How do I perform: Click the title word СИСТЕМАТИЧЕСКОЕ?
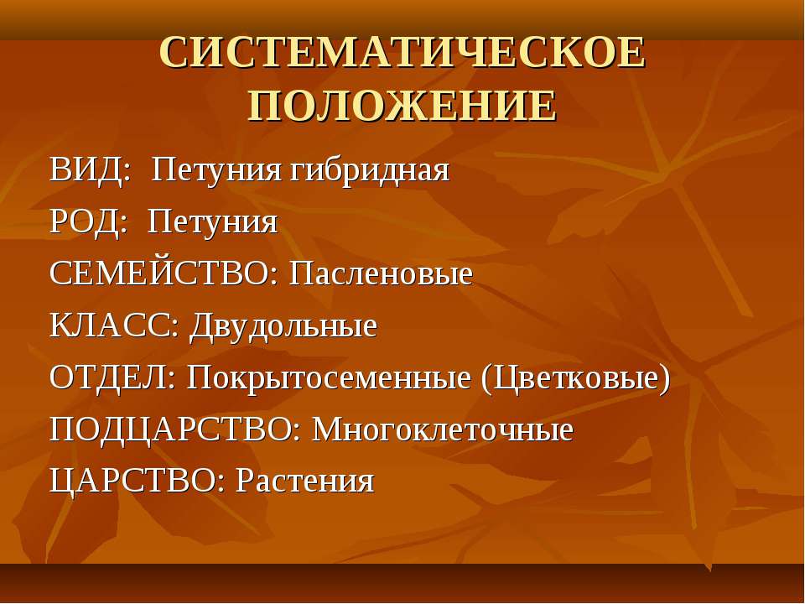pyautogui.click(x=402, y=52)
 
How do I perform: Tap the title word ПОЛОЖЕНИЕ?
pyautogui.click(x=402, y=106)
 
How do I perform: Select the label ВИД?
pyautogui.click(x=87, y=170)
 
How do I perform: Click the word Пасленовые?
pyautogui.click(x=381, y=273)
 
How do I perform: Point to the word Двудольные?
pyautogui.click(x=283, y=326)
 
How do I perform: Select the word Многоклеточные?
pyautogui.click(x=443, y=430)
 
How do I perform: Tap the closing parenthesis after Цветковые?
pyautogui.click(x=664, y=379)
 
